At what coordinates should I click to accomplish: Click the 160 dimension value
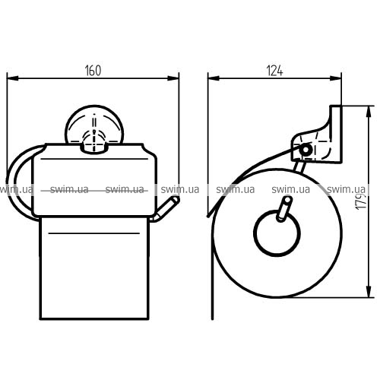pyautogui.click(x=93, y=71)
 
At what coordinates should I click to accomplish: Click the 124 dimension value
pyautogui.click(x=274, y=71)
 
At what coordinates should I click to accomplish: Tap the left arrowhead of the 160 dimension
pyautogui.click(x=13, y=78)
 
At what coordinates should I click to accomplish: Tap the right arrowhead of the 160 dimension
pyautogui.click(x=173, y=78)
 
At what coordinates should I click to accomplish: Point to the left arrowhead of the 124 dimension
pyautogui.click(x=214, y=78)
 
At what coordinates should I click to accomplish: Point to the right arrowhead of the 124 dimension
pyautogui.click(x=335, y=78)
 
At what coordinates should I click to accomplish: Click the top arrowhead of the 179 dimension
pyautogui.click(x=369, y=112)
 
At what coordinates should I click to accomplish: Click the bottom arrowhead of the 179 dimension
pyautogui.click(x=369, y=291)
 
